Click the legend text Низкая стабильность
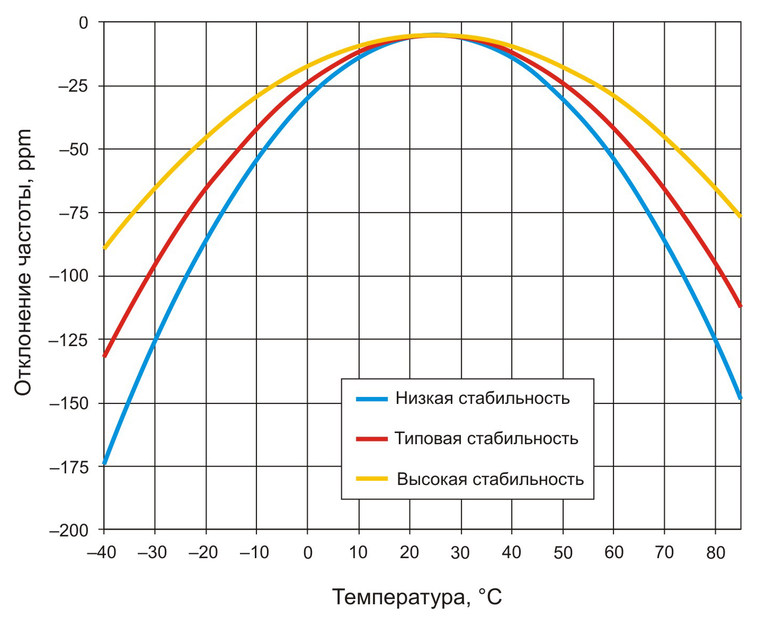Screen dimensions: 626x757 click(x=482, y=398)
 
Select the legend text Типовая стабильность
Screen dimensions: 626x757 click(x=486, y=438)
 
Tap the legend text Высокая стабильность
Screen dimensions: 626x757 click(x=490, y=479)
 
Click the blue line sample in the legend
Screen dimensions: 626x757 click(x=372, y=399)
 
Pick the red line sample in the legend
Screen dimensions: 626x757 click(x=372, y=439)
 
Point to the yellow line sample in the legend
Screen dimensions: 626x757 click(x=372, y=479)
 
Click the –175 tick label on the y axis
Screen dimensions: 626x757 click(x=69, y=468)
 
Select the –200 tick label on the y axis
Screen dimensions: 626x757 click(x=69, y=531)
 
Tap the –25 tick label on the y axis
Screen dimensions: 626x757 click(x=73, y=86)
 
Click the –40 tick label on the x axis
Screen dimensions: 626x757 click(x=102, y=553)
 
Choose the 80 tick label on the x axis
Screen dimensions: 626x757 click(x=715, y=553)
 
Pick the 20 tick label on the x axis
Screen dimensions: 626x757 click(x=409, y=553)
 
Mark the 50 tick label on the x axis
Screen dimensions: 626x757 click(x=563, y=553)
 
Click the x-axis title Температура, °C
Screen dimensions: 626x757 click(x=417, y=597)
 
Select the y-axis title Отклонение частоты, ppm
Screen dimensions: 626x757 click(x=23, y=262)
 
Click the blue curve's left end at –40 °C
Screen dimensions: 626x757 click(x=105, y=463)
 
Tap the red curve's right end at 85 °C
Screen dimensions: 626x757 click(x=740, y=306)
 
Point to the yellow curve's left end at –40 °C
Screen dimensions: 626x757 click(x=105, y=248)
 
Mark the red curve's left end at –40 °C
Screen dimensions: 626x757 click(x=105, y=355)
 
